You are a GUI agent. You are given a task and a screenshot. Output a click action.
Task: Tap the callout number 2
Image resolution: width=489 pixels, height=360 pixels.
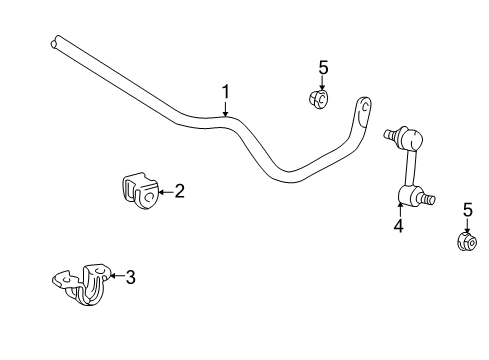coord(180,190)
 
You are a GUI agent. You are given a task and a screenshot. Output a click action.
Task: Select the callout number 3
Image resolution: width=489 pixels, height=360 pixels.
coord(130,277)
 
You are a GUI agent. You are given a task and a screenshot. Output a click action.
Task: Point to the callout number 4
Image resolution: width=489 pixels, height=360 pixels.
coord(398,226)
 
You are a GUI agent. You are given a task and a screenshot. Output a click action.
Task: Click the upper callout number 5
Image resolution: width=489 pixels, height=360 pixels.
coord(323,67)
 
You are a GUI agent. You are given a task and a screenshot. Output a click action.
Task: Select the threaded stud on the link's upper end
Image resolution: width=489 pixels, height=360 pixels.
coord(389,131)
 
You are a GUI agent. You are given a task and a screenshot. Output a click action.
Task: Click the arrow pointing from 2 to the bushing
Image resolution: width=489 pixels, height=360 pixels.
coord(166,190)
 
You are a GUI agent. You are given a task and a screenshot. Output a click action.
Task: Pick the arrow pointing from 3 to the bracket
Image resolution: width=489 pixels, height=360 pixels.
coord(116,277)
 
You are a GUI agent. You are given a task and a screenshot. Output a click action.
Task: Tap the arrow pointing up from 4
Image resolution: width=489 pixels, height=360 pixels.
coord(398,210)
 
